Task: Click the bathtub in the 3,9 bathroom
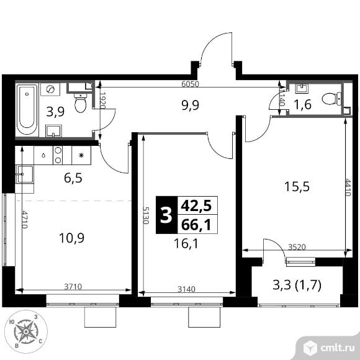pyautogui.click(x=27, y=110)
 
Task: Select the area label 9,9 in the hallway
pyautogui.click(x=190, y=105)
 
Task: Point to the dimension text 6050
pyautogui.click(x=190, y=84)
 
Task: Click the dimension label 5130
pyautogui.click(x=146, y=215)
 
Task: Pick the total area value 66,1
pyautogui.click(x=196, y=225)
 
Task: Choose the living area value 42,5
pyautogui.click(x=196, y=205)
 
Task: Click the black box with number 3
pyautogui.click(x=167, y=215)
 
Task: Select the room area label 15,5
pyautogui.click(x=297, y=186)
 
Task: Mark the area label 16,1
pyautogui.click(x=186, y=243)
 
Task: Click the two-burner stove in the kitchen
pyautogui.click(x=58, y=155)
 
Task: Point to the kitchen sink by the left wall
pyautogui.click(x=24, y=174)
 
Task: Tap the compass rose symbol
pyautogui.click(x=26, y=331)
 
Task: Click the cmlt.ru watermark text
pyautogui.click(x=338, y=348)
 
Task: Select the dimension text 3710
pyautogui.click(x=73, y=287)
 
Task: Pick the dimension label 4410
pyautogui.click(x=348, y=187)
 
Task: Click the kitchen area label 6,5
pyautogui.click(x=73, y=178)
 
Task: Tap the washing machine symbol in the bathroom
pyautogui.click(x=50, y=89)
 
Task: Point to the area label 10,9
pyautogui.click(x=71, y=238)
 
